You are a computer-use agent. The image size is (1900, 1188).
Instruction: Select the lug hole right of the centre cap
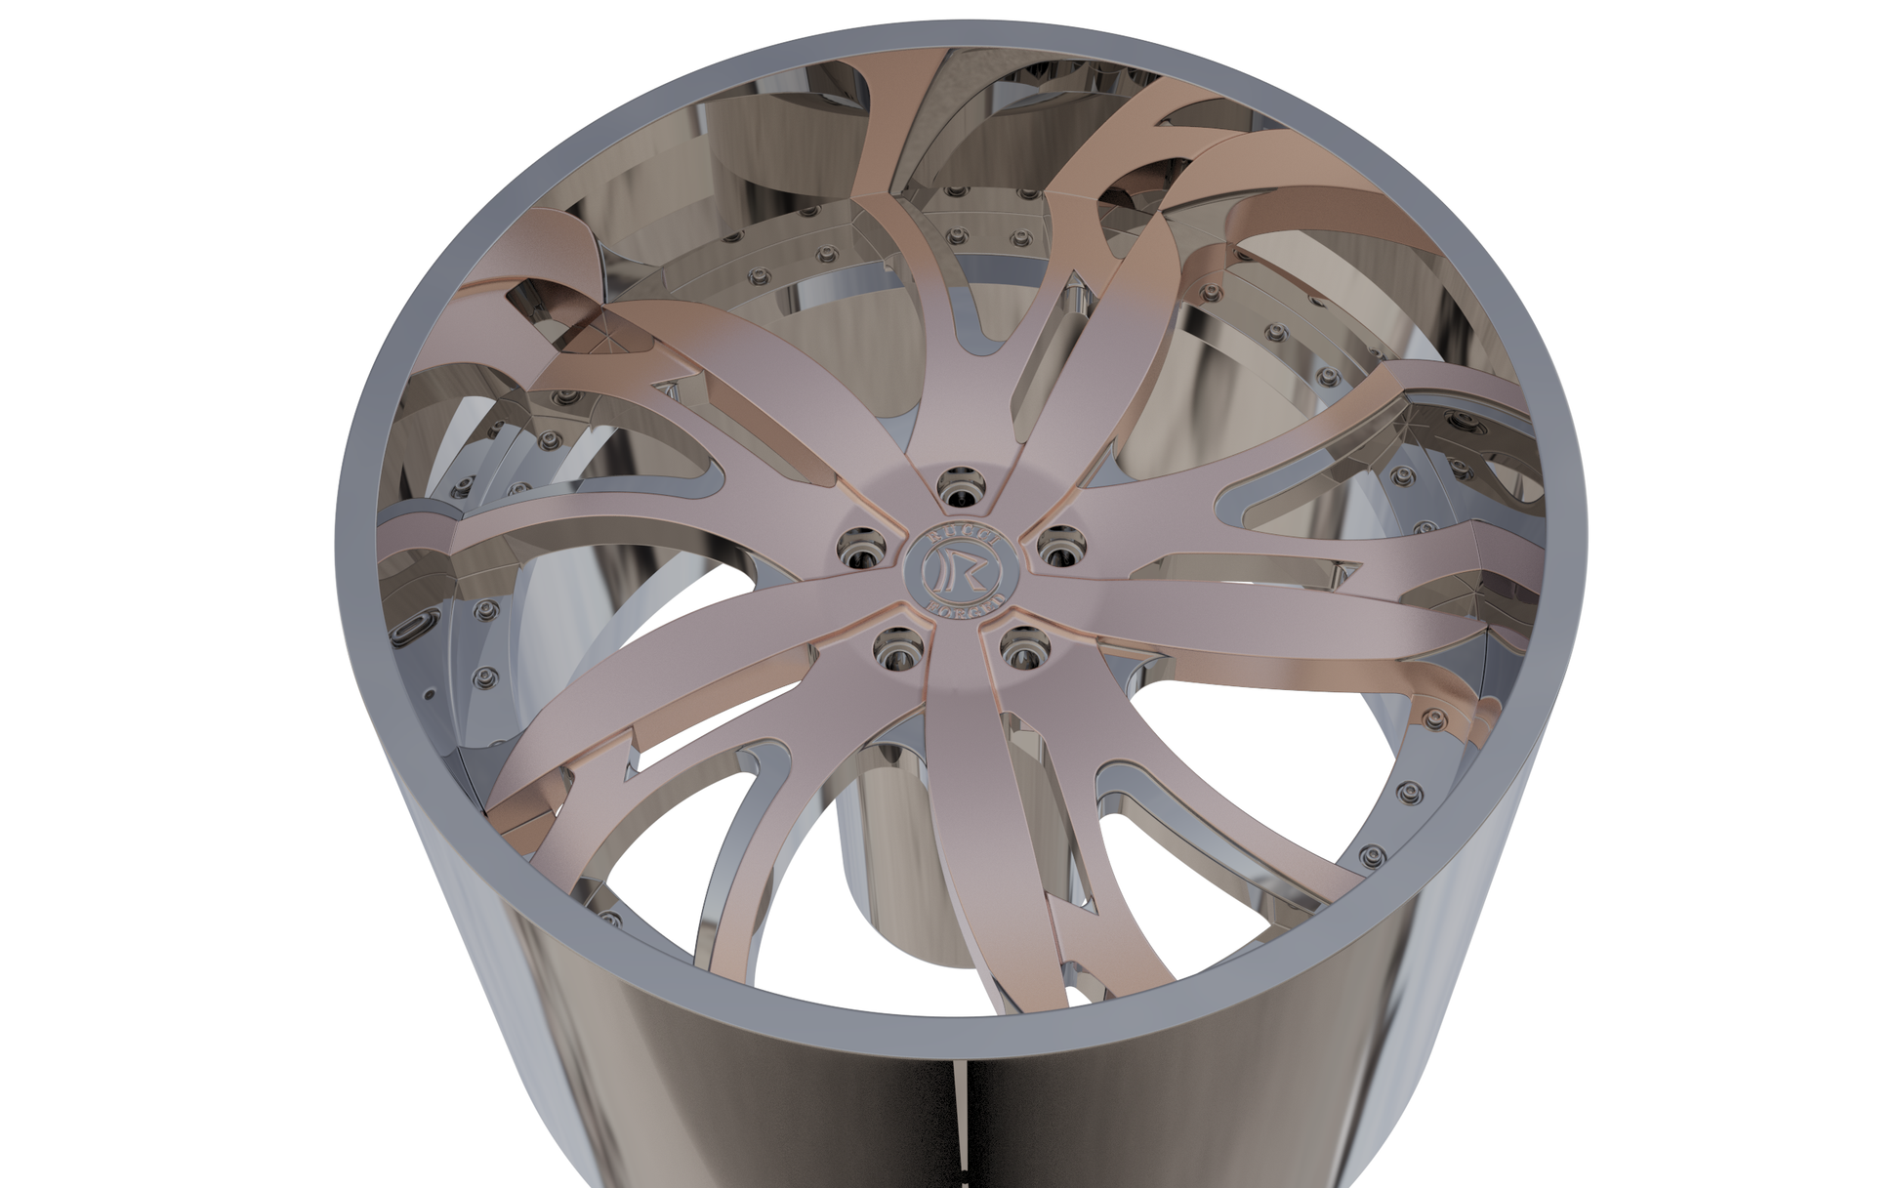tap(1056, 545)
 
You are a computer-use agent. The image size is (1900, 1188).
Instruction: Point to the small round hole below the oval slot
tap(428, 695)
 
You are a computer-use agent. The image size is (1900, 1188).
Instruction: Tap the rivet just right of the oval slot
tap(484, 611)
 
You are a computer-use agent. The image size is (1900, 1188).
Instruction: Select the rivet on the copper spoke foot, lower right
tap(1432, 720)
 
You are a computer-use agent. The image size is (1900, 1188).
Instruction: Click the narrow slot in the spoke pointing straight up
tap(967, 322)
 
